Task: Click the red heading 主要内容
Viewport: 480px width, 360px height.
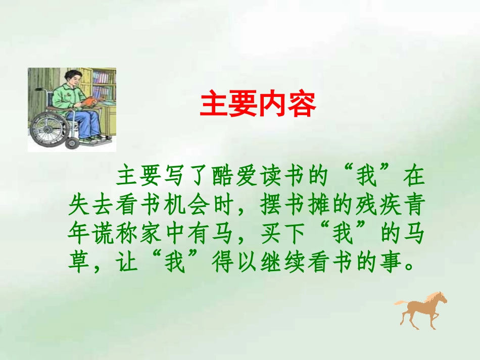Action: click(258, 105)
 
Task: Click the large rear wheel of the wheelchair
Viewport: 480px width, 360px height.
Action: click(50, 126)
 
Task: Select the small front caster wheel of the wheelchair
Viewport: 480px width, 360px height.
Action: click(72, 143)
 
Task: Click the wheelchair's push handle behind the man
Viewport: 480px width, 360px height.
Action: click(41, 90)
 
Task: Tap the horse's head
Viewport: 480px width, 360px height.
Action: click(441, 297)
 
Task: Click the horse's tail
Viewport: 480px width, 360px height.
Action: click(400, 302)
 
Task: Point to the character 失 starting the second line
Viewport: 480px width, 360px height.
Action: click(79, 205)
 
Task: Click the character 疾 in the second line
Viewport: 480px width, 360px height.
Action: click(387, 205)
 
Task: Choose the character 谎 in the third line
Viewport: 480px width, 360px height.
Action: click(104, 234)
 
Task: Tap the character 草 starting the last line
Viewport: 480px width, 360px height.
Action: click(79, 263)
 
